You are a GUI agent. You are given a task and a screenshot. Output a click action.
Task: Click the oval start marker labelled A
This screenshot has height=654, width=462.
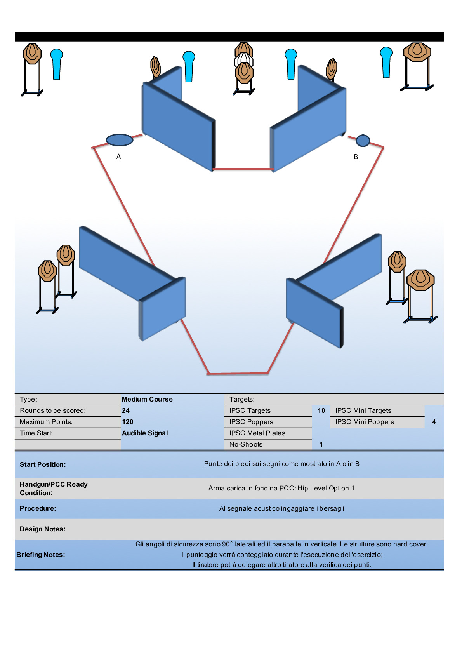click(x=120, y=140)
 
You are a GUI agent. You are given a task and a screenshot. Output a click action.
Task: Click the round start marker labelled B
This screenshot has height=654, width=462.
click(x=363, y=141)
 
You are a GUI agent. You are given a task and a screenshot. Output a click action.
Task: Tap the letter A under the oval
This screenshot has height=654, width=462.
click(x=119, y=157)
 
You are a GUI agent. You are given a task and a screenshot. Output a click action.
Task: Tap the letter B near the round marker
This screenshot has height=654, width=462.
click(x=356, y=157)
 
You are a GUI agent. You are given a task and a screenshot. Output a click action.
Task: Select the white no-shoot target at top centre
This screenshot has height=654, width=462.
click(x=244, y=60)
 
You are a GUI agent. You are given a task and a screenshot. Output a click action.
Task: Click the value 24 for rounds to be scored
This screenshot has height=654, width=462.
click(x=126, y=410)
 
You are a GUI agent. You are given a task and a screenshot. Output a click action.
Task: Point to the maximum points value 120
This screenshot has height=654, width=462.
click(x=127, y=422)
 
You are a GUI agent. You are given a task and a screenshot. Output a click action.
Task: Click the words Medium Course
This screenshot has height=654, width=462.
click(x=147, y=399)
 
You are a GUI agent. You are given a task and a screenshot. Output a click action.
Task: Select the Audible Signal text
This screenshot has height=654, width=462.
click(x=145, y=433)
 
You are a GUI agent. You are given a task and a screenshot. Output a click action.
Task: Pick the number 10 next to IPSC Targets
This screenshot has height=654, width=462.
click(x=321, y=410)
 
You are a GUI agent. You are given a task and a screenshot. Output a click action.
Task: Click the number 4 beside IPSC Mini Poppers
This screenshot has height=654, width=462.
click(x=434, y=422)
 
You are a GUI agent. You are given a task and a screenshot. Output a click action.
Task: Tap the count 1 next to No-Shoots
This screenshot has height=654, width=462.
click(x=321, y=444)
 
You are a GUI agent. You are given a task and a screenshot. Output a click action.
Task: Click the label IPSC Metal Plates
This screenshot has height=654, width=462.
click(x=257, y=433)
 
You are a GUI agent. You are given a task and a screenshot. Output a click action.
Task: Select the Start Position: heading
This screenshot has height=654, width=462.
click(x=43, y=464)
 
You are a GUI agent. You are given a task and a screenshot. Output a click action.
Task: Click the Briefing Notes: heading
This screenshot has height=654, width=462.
click(x=41, y=555)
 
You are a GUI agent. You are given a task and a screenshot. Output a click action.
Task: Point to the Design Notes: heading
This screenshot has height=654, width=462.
click(x=43, y=529)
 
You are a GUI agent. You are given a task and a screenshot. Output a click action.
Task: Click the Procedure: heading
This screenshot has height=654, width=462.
click(x=38, y=508)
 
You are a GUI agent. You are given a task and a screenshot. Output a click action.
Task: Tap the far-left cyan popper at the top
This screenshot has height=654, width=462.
click(x=57, y=64)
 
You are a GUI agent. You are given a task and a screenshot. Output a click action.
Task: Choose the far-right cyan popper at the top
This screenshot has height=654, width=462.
click(x=386, y=62)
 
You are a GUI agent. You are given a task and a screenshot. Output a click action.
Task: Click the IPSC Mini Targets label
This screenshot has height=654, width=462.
click(x=363, y=410)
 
